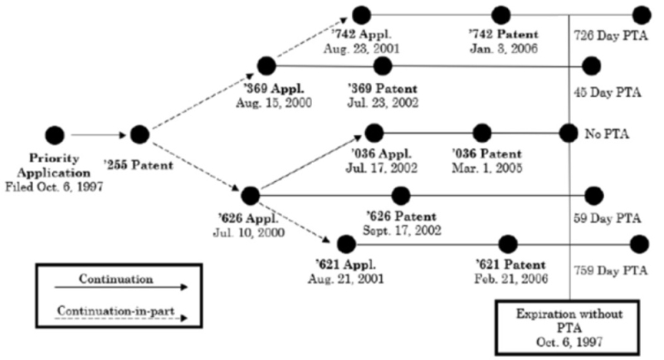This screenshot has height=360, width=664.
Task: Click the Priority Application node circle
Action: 55,134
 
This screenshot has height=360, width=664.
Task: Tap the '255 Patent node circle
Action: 139,134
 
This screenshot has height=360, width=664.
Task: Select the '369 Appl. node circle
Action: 266,66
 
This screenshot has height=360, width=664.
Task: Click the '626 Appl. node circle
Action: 249,195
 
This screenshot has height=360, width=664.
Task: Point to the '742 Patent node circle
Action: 500,15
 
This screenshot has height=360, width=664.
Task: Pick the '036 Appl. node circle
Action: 373,132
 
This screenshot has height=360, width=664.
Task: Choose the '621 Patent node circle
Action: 507,244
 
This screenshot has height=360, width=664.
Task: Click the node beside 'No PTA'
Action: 569,132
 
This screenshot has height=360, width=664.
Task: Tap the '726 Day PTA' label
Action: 610,37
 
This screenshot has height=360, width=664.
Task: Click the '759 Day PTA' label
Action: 610,270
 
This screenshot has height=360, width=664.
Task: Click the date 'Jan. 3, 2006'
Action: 503,49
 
